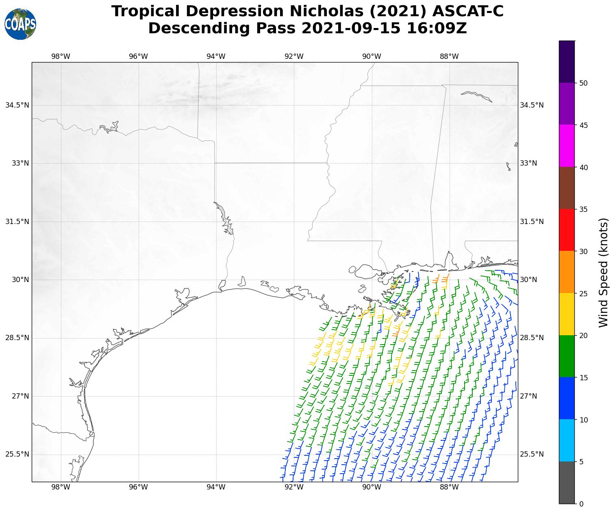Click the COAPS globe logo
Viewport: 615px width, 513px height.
click(20, 24)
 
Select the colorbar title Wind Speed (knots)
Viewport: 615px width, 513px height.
click(604, 272)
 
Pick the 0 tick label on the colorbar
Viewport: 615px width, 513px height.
click(581, 504)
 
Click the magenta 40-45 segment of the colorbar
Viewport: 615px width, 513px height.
click(567, 146)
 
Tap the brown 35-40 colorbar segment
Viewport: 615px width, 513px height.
click(567, 188)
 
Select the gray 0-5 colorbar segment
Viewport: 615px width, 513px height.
click(567, 483)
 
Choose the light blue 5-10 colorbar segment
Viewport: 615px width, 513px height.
click(567, 440)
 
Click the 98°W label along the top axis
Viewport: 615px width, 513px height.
click(61, 56)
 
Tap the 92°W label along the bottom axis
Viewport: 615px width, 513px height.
click(293, 487)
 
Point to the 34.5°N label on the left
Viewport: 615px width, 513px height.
click(17, 105)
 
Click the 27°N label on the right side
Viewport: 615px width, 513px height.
click(528, 396)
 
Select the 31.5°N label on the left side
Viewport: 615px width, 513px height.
click(17, 222)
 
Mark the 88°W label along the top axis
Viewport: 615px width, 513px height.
click(449, 56)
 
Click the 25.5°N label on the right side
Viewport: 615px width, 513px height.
click(532, 454)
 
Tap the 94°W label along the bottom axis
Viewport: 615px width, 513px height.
click(216, 487)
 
